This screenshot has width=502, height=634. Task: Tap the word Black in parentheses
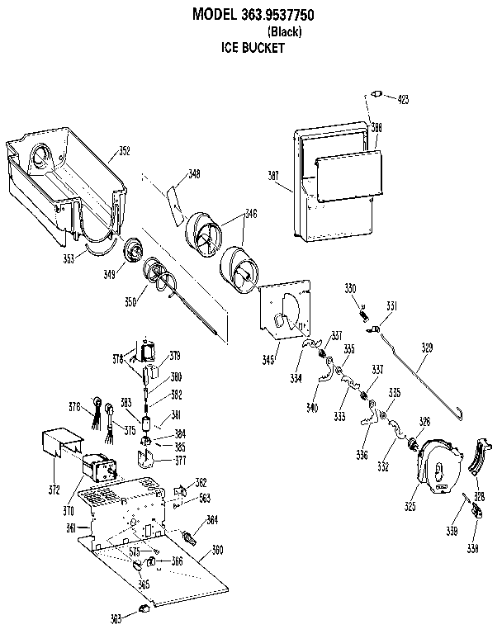pos(285,32)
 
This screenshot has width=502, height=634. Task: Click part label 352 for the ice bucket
pos(124,151)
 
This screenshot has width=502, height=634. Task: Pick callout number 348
pos(193,174)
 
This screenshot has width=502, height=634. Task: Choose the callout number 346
pos(251,214)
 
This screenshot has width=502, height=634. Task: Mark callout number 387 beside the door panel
pos(276,175)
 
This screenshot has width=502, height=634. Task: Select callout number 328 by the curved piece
pos(478,497)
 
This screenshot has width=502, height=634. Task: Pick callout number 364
pos(212,520)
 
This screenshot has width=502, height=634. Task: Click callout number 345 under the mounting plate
pos(268,360)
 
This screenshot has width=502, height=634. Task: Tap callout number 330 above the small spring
pos(350,288)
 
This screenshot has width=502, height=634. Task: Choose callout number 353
pos(69,258)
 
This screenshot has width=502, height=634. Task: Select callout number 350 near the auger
pos(130,302)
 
